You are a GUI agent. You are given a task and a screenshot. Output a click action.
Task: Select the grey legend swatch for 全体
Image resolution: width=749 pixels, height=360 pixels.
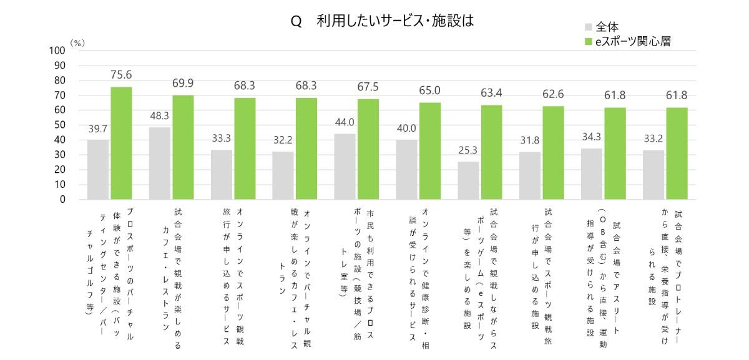point(589,27)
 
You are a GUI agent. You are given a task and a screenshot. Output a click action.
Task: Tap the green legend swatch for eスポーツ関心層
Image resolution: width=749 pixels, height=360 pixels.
point(589,42)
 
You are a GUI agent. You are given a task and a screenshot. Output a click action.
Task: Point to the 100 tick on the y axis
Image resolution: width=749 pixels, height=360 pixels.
point(57,51)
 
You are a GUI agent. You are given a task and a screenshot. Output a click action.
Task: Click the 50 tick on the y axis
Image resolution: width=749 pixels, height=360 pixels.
point(60,125)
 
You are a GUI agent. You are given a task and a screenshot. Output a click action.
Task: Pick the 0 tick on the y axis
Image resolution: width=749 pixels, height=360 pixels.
point(62,200)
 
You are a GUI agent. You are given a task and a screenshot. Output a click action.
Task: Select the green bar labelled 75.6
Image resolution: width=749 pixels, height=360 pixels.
point(121,143)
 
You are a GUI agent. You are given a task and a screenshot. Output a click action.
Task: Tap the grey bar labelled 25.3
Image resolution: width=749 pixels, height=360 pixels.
point(468,180)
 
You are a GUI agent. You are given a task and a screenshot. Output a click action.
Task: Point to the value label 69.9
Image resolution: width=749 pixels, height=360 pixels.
point(183,83)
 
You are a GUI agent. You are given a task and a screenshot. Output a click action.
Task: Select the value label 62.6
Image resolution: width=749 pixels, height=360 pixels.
point(553,94)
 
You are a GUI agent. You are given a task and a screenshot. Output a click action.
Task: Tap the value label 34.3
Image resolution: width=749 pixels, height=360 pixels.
point(592,136)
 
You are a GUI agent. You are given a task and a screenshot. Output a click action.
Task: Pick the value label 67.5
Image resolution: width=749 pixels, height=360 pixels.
point(368,87)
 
